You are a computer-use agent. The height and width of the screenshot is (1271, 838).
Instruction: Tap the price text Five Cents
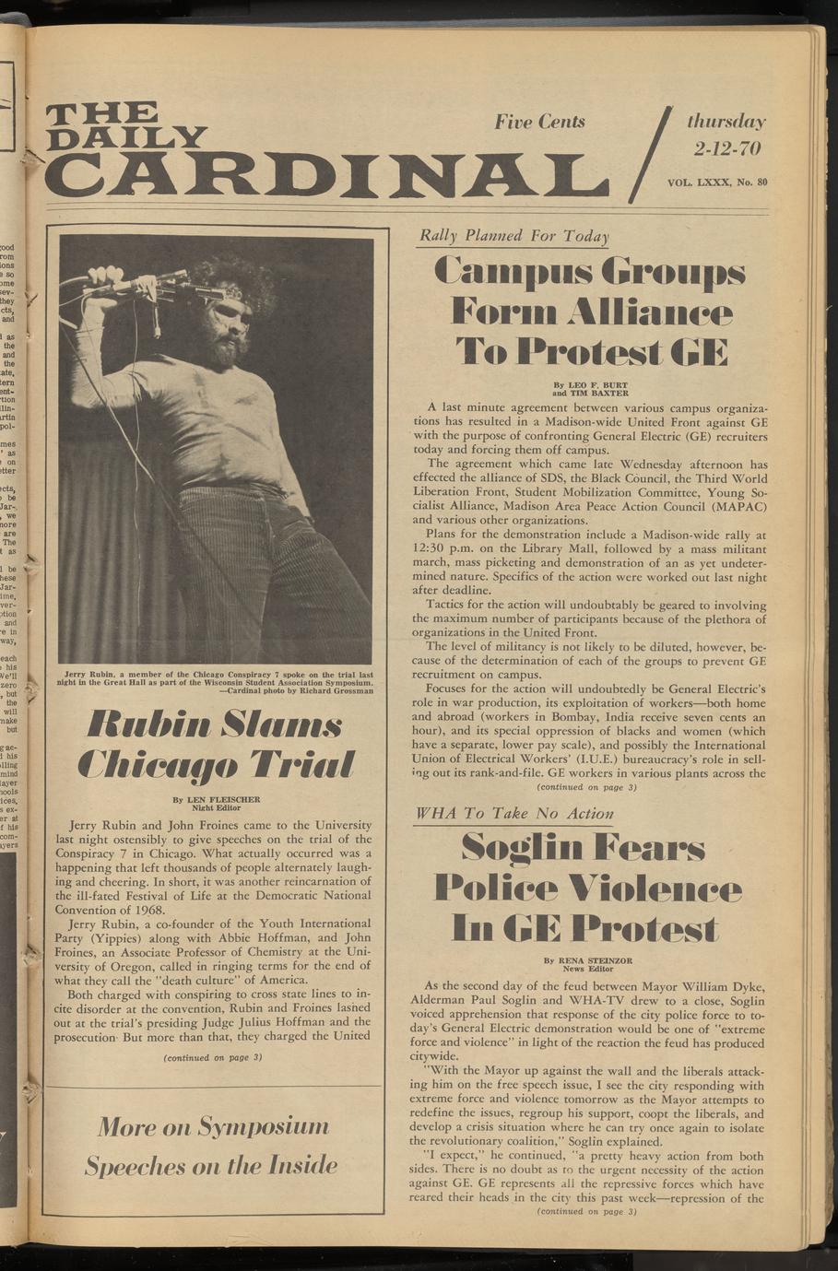click(x=539, y=122)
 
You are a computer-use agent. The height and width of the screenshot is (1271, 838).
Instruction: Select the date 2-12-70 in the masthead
click(x=726, y=148)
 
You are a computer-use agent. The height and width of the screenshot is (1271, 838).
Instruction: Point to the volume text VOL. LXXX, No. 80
click(x=717, y=182)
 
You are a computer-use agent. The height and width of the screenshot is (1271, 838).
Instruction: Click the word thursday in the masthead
click(x=726, y=122)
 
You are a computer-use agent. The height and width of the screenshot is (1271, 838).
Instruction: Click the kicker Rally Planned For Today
click(x=513, y=236)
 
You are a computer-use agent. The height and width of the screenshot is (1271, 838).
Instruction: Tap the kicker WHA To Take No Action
click(x=514, y=814)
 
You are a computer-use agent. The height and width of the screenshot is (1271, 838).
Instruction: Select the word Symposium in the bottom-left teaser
click(x=264, y=1126)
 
